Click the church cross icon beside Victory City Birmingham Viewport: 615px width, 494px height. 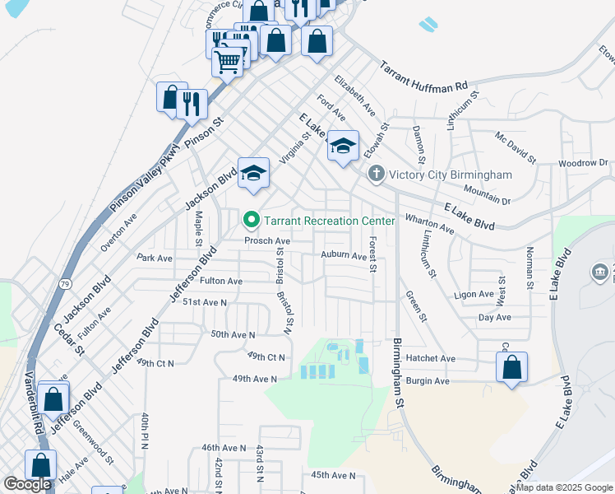pos(376,174)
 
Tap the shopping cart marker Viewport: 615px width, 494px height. pos(228,61)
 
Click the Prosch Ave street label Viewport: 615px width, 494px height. pos(266,241)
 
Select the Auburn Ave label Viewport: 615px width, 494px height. pos(343,256)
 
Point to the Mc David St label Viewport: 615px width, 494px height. pos(515,147)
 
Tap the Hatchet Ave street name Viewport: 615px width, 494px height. pos(430,359)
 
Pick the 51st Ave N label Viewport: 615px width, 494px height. pos(204,303)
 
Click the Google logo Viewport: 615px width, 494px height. pos(27,484)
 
